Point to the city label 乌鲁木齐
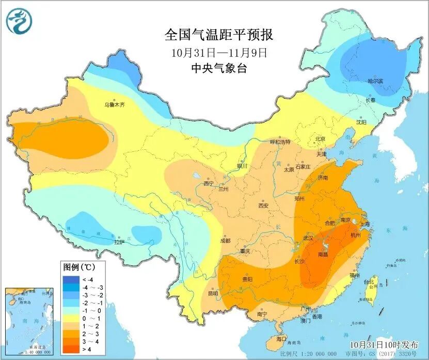[115, 105]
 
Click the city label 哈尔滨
[375, 81]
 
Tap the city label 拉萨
[119, 242]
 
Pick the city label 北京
[320, 139]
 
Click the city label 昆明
[213, 293]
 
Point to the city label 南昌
[324, 255]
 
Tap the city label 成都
[225, 241]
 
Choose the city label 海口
[281, 339]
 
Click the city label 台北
[369, 283]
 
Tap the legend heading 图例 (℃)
[77, 268]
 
